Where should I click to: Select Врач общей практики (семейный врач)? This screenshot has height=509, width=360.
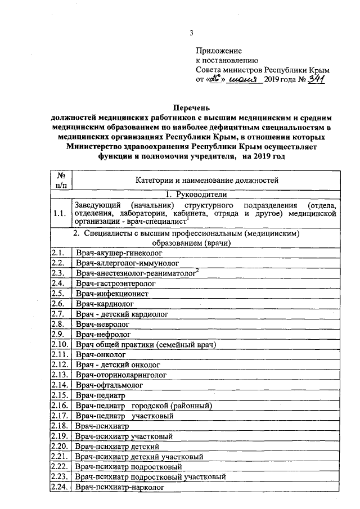(146, 344)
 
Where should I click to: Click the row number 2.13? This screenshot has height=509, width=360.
(61, 375)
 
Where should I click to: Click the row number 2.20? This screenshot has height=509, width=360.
(61, 446)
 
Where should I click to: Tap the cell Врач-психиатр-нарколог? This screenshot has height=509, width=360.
(120, 487)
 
